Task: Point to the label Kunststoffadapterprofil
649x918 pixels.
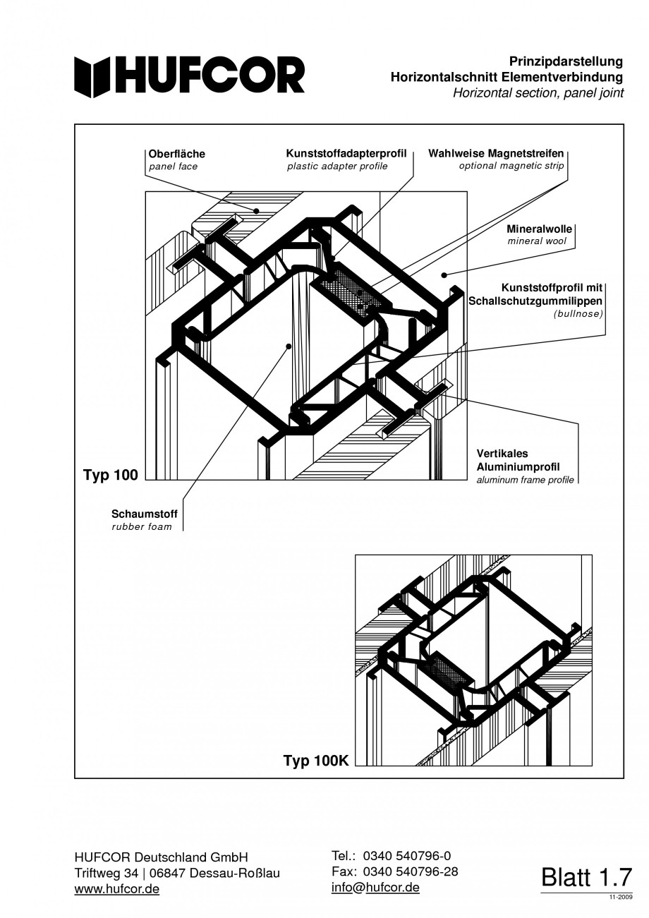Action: (346, 153)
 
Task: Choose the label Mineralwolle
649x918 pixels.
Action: (539, 229)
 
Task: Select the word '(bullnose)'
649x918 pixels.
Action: (578, 313)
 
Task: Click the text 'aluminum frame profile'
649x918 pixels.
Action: (525, 480)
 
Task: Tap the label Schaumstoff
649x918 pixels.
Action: (144, 514)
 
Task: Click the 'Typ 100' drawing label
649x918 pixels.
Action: (110, 475)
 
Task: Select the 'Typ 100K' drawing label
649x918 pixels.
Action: (316, 761)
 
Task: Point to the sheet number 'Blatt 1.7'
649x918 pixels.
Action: (586, 876)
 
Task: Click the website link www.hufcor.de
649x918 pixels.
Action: (116, 889)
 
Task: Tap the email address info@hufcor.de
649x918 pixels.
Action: (375, 887)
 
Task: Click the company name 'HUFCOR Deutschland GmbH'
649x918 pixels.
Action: (161, 857)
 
